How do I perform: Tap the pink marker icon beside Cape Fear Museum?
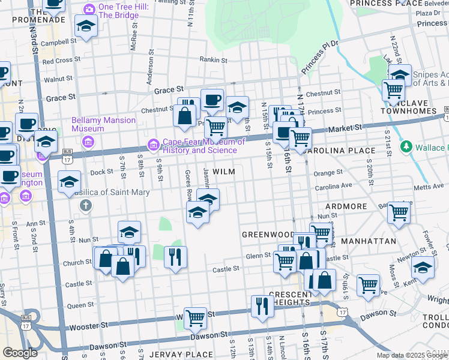[x=154, y=145]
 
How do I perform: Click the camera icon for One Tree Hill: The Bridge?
[x=89, y=9]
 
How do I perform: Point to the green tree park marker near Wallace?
[x=407, y=147]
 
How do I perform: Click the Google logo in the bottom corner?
[x=20, y=353]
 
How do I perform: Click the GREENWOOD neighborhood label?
[x=268, y=233]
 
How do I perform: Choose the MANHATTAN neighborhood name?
[x=368, y=241]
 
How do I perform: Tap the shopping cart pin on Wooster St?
[x=195, y=317]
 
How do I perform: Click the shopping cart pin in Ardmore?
[x=399, y=212]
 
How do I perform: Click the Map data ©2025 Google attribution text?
[x=412, y=355]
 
